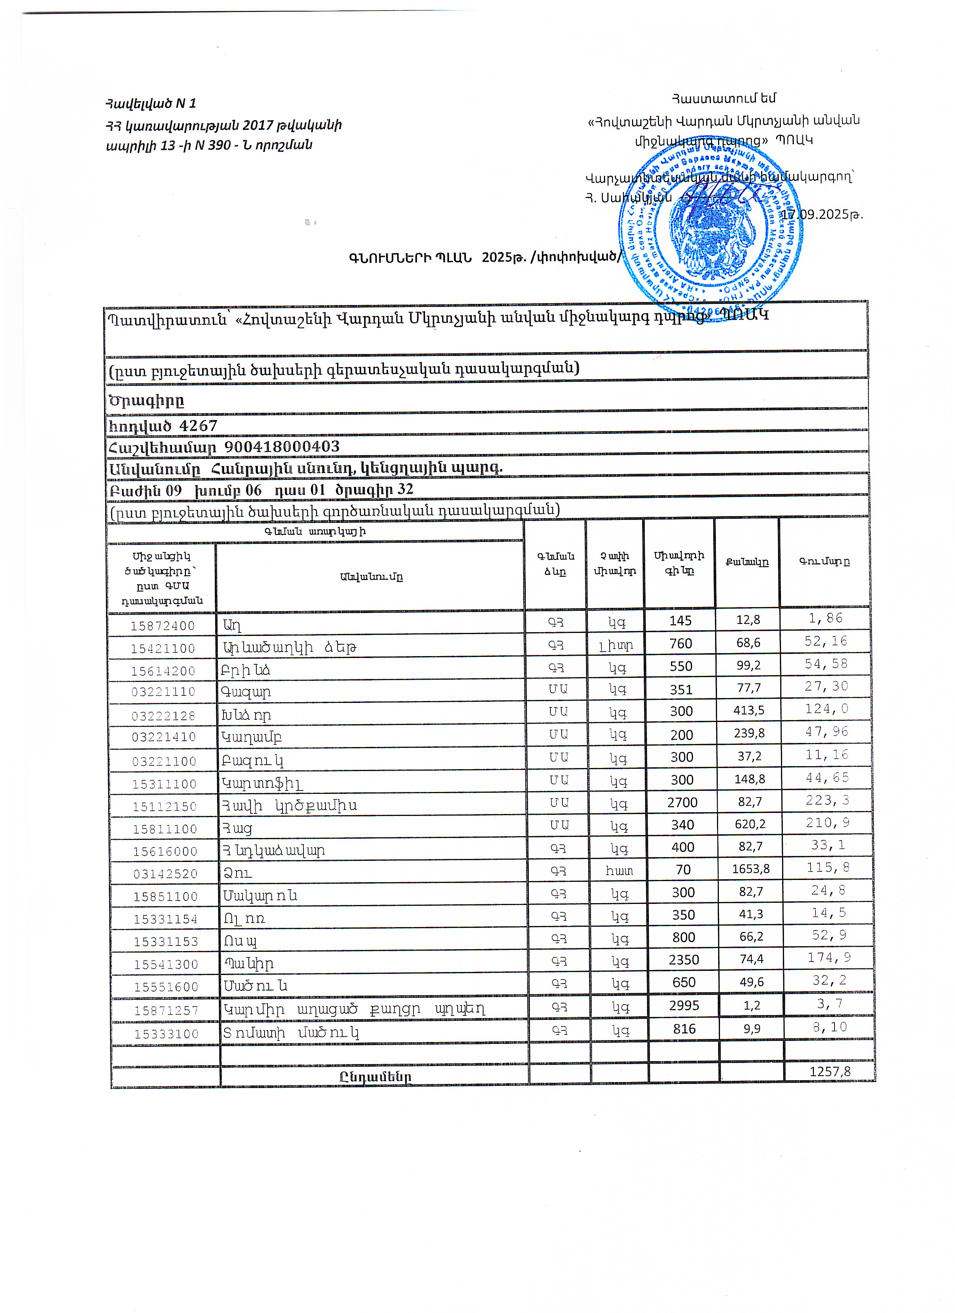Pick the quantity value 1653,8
pos(751,869)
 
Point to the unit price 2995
pos(684,1006)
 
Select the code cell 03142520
pos(165,874)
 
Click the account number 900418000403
pos(282,447)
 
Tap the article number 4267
pos(198,426)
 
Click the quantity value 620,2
pos(750,824)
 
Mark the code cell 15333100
pos(166,1033)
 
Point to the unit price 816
pos(684,1029)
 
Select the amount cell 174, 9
pos(829,957)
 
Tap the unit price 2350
pos(684,960)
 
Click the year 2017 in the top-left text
pos(257,125)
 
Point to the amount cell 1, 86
pos(826,618)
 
